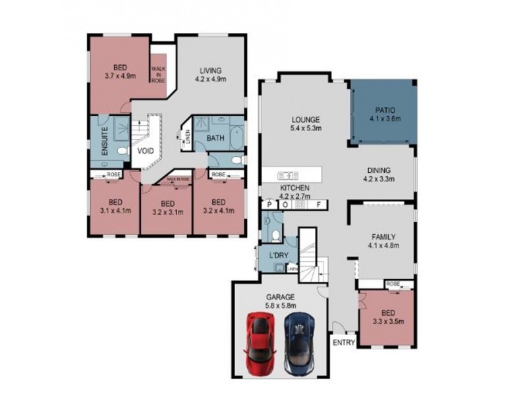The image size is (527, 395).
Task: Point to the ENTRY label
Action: tap(343, 343)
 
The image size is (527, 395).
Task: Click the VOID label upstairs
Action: tap(146, 151)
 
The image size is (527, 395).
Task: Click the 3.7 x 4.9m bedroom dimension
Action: tap(119, 76)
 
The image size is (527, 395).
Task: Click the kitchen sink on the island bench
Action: tap(289, 176)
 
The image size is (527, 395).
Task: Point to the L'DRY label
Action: tap(276, 255)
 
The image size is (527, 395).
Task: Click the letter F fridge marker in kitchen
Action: tap(318, 205)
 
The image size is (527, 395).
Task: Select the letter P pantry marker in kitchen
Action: tap(270, 205)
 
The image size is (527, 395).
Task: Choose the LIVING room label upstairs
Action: tap(211, 70)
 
